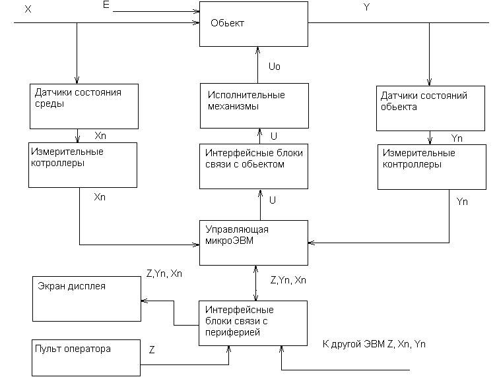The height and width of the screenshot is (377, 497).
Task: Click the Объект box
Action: click(x=254, y=24)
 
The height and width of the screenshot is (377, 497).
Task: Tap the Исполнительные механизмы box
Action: click(x=254, y=105)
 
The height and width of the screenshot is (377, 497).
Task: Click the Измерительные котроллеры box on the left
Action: click(x=83, y=165)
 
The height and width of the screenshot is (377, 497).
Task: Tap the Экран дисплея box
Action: click(x=86, y=298)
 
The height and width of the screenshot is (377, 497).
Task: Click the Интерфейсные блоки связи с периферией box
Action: click(x=254, y=323)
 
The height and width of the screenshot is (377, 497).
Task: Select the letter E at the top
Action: click(x=107, y=5)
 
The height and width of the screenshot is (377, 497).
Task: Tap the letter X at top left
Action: click(x=27, y=9)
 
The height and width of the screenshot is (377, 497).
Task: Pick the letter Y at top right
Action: click(x=367, y=7)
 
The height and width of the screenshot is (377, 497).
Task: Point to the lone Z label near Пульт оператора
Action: click(x=152, y=350)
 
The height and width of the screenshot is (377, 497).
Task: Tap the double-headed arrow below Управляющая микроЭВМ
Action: click(x=255, y=281)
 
